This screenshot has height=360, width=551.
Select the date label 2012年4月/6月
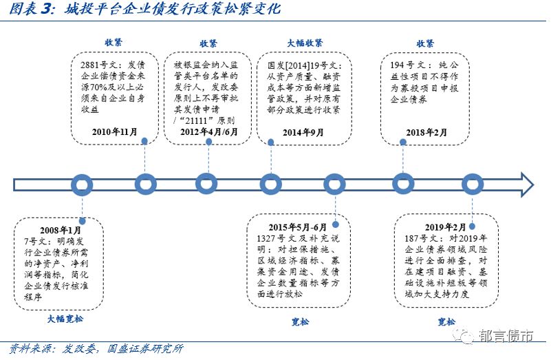tap(208, 131)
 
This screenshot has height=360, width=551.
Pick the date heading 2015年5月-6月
tap(297, 226)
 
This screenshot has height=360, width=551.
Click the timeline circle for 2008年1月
tap(83, 184)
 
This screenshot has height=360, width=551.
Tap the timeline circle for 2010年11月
tap(145, 184)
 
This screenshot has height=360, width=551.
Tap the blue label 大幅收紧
tap(305, 43)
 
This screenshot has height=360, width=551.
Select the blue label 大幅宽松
tap(65, 319)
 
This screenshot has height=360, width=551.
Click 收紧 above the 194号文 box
tap(425, 43)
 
